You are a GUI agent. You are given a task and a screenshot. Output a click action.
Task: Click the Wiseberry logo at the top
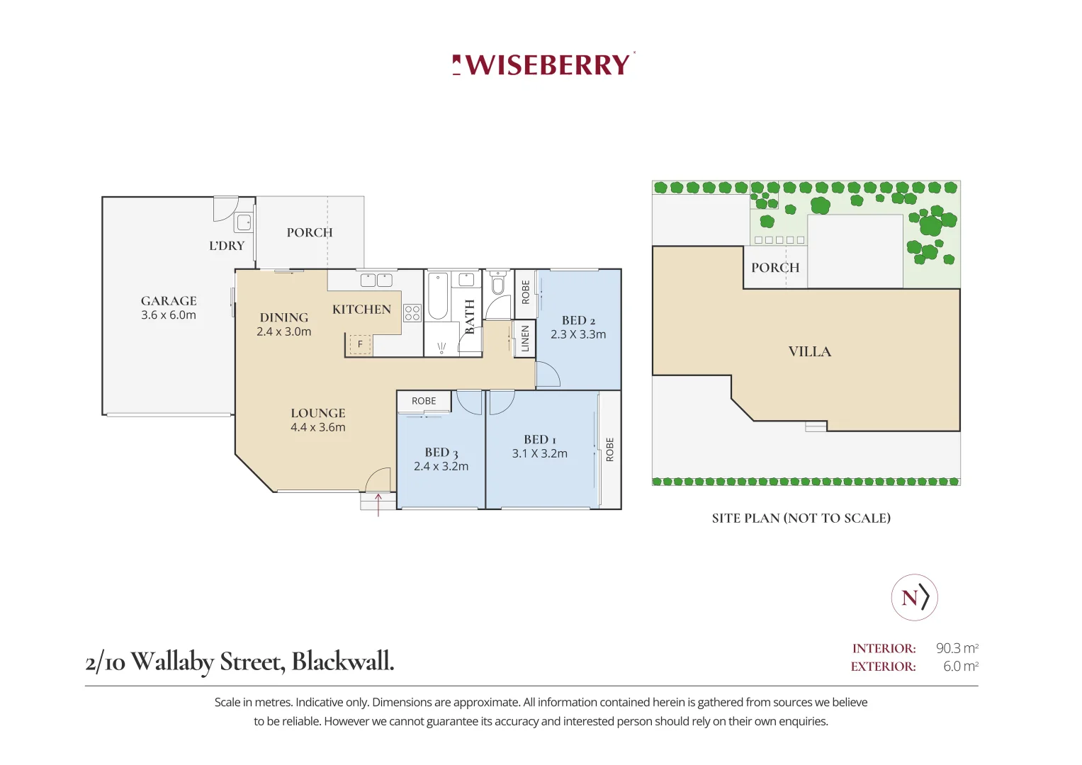543,64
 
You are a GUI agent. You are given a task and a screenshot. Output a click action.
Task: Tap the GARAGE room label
169,301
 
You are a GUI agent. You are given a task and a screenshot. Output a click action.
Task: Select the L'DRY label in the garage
227,245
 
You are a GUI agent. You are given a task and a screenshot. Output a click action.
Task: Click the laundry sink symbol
244,222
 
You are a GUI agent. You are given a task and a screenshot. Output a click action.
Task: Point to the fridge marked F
360,344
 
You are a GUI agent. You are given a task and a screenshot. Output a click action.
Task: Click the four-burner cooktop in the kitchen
412,313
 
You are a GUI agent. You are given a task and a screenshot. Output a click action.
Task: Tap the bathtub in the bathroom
438,296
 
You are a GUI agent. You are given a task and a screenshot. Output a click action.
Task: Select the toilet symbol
497,283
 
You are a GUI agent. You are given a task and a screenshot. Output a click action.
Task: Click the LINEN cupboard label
525,339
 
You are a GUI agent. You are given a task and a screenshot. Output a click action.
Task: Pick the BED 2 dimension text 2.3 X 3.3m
578,334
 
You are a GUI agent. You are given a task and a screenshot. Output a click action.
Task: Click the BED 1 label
540,439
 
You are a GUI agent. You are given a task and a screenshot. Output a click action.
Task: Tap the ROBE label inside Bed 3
424,401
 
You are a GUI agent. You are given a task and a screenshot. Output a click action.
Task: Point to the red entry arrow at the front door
378,504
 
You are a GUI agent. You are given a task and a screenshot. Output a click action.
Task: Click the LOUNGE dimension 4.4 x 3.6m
318,427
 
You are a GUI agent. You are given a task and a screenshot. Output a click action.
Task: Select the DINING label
284,317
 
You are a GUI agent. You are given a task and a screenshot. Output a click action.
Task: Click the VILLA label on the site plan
810,351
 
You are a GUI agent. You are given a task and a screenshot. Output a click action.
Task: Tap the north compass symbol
914,597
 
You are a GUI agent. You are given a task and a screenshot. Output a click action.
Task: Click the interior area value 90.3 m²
957,648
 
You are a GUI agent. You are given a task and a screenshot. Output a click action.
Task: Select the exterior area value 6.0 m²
961,666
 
